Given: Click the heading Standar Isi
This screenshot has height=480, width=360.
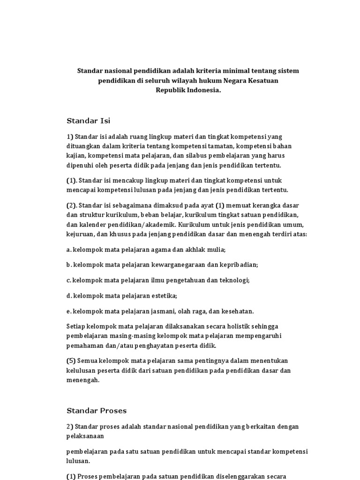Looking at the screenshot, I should point(88,121).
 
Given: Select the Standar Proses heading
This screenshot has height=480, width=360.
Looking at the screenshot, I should point(97,411).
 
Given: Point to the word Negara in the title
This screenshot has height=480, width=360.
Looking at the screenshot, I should point(230,81).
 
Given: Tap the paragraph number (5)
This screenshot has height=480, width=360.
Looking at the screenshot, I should point(71,360).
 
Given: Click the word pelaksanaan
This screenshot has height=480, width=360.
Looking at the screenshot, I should point(85,436).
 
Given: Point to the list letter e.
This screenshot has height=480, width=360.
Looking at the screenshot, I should point(68,311).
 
